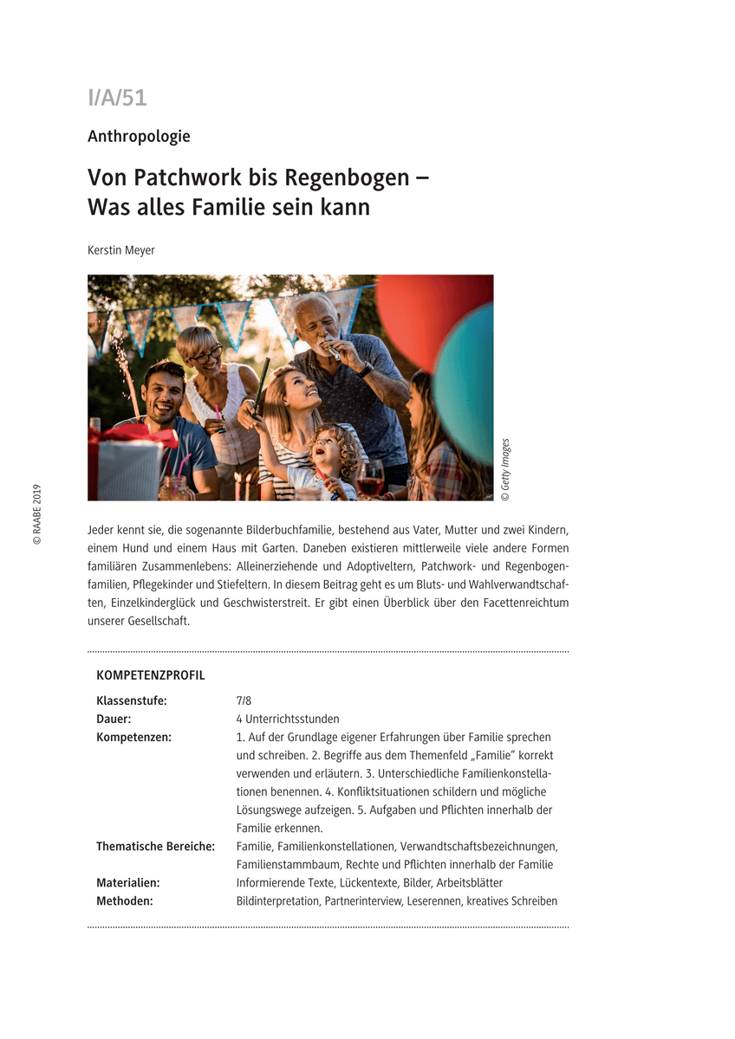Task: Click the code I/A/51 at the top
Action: [117, 98]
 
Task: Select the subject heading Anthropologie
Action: [139, 136]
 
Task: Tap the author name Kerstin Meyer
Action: [120, 250]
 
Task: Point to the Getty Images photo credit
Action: [505, 470]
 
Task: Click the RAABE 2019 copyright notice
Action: [37, 514]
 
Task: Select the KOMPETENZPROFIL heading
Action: [151, 675]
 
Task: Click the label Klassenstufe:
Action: [132, 700]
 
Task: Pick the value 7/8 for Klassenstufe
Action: [244, 700]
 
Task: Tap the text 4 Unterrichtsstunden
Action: [288, 719]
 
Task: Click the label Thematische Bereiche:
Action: [155, 846]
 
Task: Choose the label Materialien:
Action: [127, 882]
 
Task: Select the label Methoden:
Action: [125, 900]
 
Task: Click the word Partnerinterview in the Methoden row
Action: [362, 900]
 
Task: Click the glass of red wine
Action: [370, 481]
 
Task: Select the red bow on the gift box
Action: [130, 435]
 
